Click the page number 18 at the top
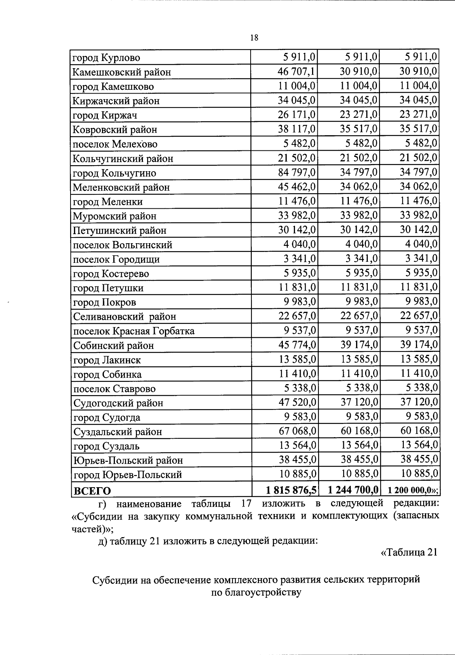point(254,38)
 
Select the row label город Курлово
point(106,58)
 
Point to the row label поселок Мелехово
point(115,144)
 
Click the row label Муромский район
point(115,216)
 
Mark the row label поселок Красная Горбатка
point(133,331)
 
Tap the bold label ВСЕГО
point(92,491)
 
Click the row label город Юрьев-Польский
point(128,475)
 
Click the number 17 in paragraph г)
point(246,504)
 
